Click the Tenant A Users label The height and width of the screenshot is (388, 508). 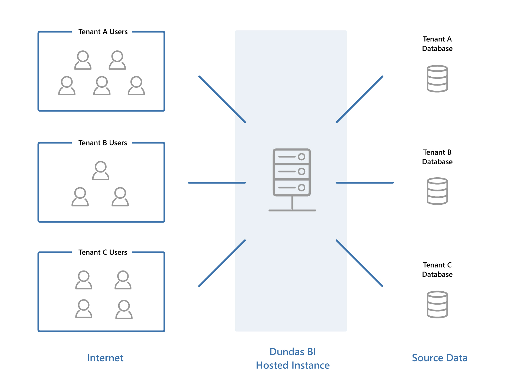[x=103, y=32]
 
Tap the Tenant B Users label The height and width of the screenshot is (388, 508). [x=103, y=143]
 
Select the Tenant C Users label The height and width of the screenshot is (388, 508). [x=103, y=252]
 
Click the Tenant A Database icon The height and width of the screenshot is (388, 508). [x=437, y=79]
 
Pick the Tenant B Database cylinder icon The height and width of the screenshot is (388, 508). [x=437, y=191]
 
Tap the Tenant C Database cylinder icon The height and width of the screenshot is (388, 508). [x=437, y=304]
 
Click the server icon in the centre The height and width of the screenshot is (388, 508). [x=292, y=179]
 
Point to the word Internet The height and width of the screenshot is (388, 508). [x=105, y=358]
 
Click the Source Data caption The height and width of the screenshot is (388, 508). [x=440, y=358]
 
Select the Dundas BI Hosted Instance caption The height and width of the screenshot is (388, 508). [x=293, y=358]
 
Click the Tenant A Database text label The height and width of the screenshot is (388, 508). [x=437, y=44]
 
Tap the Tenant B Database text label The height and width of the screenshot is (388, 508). [x=437, y=157]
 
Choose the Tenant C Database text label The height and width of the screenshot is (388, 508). [x=437, y=270]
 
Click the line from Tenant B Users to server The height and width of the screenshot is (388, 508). [x=217, y=183]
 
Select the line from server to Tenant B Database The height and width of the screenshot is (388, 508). [x=365, y=183]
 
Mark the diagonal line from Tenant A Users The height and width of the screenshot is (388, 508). [x=222, y=99]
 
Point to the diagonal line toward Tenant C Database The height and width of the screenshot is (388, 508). [x=359, y=263]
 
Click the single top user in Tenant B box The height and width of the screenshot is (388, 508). [x=101, y=171]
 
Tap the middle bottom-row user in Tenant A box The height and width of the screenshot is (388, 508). [x=102, y=86]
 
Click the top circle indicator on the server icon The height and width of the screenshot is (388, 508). [x=301, y=156]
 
